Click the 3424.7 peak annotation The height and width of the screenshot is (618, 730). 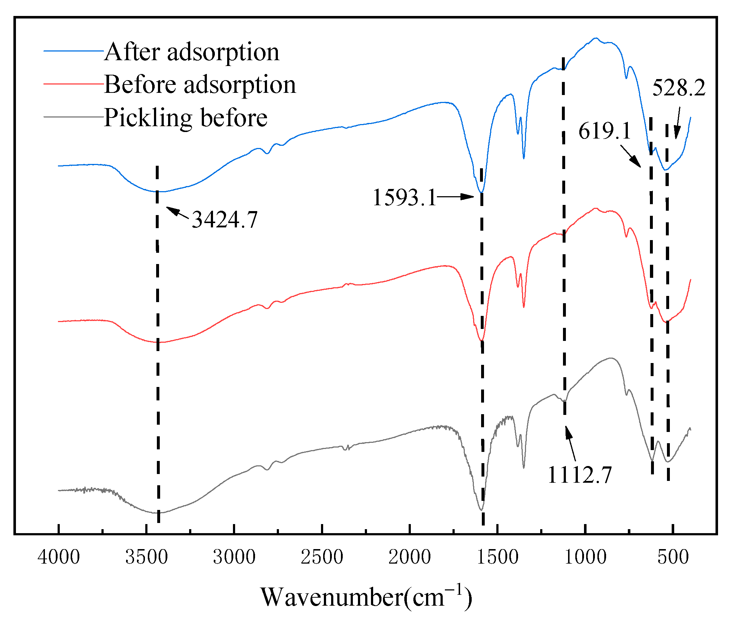[225, 219]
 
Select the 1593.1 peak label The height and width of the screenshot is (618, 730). [404, 198]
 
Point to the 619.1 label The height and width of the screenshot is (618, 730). [604, 131]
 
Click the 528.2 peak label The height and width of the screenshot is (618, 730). [679, 88]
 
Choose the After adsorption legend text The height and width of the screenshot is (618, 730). [192, 52]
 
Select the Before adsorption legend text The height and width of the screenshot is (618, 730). [200, 85]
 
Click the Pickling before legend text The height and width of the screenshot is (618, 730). [185, 118]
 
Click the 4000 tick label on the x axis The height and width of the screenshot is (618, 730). [59, 557]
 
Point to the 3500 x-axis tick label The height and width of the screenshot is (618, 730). [146, 557]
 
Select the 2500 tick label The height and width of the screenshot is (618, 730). [322, 557]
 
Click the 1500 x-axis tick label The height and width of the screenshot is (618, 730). [497, 557]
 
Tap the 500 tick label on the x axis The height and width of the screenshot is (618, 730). [673, 557]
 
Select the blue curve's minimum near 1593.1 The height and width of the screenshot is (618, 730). [481, 192]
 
